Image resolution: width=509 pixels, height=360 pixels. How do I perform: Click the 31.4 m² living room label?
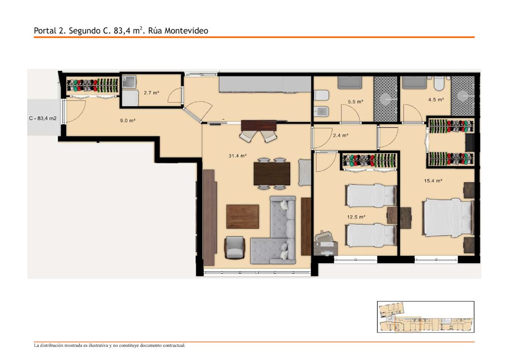point(238,156)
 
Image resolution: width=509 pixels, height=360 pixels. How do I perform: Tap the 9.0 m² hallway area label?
point(128,120)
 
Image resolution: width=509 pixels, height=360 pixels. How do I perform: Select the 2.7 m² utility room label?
point(151,93)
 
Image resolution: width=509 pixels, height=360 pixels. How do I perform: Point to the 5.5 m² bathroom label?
point(355,102)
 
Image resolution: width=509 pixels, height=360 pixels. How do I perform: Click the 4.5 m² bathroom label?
point(436,100)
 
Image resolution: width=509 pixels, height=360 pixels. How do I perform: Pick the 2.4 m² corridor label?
point(341,135)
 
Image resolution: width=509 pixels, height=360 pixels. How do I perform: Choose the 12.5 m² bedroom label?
point(356,217)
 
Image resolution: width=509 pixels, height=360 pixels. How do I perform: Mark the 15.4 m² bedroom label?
point(433,181)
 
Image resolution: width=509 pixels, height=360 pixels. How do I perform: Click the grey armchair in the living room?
point(235,248)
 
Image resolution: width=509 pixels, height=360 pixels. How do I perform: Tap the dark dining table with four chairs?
point(272,174)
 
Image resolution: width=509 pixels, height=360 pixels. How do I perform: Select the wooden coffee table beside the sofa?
point(243,217)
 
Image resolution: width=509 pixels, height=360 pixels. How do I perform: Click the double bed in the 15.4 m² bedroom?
point(448,218)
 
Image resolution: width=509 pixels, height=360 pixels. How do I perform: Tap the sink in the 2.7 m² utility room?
point(129,82)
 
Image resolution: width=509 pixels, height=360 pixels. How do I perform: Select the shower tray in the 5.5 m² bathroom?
point(386,99)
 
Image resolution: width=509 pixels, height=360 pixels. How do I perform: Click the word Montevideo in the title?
point(186,31)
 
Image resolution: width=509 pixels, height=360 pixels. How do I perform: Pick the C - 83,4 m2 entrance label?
point(43,118)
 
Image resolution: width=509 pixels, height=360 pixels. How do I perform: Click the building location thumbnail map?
point(425,317)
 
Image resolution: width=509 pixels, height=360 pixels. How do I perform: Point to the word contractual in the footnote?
point(173,346)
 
